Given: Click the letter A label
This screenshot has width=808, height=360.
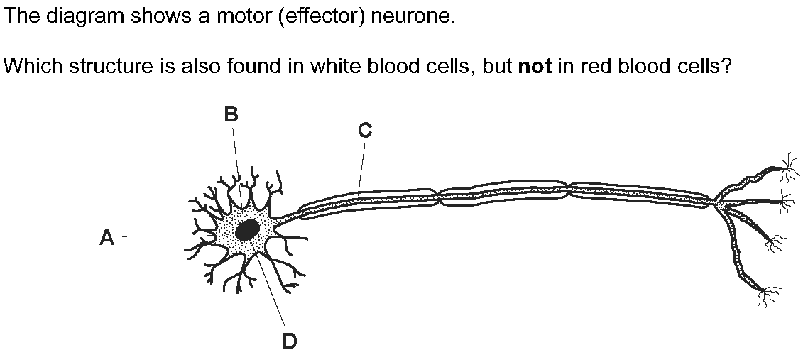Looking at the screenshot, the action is [107, 237].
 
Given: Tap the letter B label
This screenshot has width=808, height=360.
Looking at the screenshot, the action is [231, 114].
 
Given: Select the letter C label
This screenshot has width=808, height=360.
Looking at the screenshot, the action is [365, 131].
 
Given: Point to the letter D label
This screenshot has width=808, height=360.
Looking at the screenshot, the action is [290, 340].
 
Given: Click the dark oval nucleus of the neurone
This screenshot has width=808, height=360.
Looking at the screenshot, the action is [248, 230].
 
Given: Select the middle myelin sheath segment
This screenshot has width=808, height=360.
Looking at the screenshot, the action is [503, 193].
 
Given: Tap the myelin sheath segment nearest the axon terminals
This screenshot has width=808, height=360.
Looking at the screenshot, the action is [640, 196].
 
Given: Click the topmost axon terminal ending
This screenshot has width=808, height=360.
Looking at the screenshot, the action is [787, 168].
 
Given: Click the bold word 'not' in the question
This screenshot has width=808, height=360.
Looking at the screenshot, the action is [536, 67].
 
